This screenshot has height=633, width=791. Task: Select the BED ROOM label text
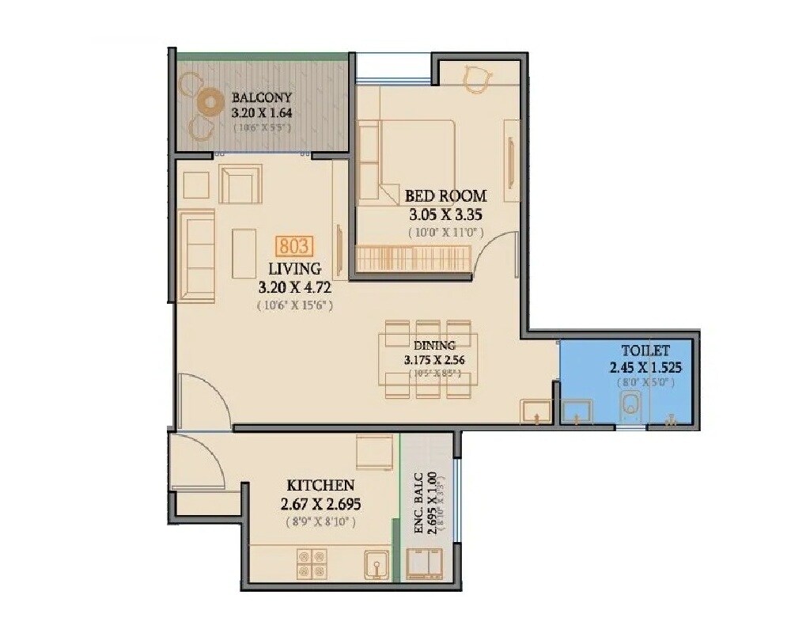point(445,195)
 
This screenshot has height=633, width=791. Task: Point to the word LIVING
point(293,268)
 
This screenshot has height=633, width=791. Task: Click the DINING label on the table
point(433,345)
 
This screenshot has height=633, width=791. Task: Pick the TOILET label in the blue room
point(645,350)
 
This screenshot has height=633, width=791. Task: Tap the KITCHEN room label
point(320,485)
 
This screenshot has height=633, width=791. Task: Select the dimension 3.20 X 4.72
point(293,287)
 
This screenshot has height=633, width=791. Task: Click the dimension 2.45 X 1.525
point(645,367)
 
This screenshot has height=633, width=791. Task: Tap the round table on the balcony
point(210,102)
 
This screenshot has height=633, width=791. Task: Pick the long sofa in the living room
point(196,256)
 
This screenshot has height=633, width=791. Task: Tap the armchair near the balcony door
point(240,184)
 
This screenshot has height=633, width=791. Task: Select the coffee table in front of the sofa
point(244,253)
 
